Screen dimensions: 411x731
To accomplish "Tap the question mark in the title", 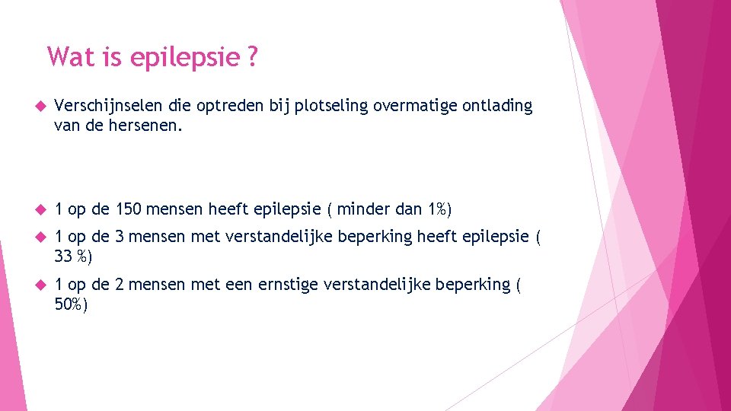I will click(x=251, y=56).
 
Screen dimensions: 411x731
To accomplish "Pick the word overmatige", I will click(x=415, y=107).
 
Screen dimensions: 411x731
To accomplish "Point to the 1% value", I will click(x=437, y=209).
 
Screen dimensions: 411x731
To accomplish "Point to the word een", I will click(x=241, y=285).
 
